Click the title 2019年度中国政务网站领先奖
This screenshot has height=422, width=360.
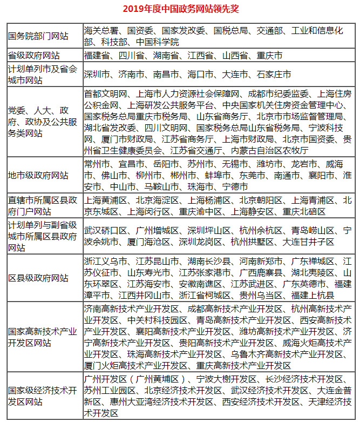point(180,9)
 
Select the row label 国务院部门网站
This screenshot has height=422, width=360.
point(38,36)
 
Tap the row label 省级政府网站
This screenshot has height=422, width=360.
point(33,56)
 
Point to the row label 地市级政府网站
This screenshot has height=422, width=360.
point(38,175)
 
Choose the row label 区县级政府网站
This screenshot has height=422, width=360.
point(38,278)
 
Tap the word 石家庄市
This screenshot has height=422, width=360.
point(273,74)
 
